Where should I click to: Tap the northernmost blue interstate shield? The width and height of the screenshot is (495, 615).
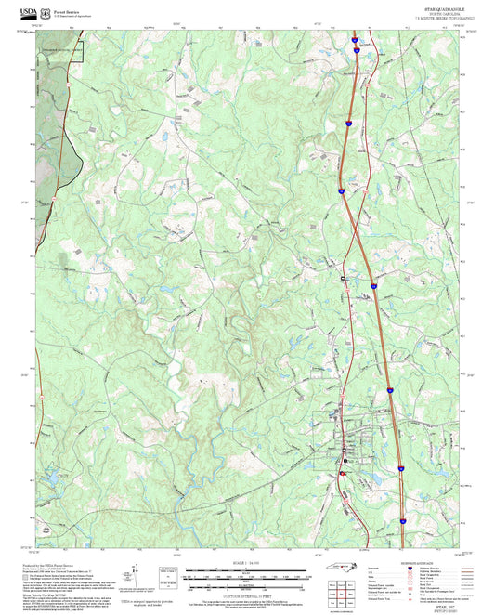pos(356,40)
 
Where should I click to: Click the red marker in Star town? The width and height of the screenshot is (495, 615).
pos(342,474)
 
